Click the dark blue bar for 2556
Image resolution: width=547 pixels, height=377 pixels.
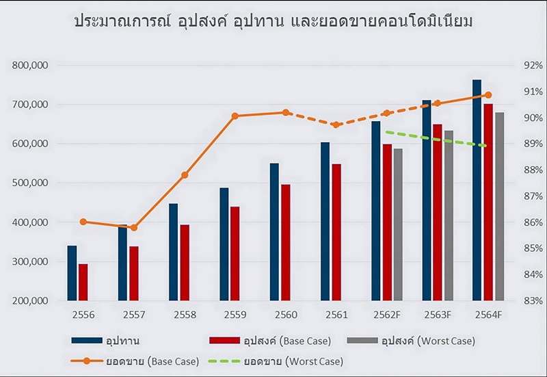(72, 273)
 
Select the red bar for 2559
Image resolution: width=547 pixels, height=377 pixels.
(235, 254)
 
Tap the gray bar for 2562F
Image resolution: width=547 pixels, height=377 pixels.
(398, 225)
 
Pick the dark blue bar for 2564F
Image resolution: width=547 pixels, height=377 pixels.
(477, 190)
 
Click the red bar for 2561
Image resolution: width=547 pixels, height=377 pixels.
(336, 233)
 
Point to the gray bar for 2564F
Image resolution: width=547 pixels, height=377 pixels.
(500, 207)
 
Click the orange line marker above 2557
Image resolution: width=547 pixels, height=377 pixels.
(134, 227)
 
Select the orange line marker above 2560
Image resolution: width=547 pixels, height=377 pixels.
(286, 113)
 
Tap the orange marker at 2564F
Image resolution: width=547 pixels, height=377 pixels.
(488, 95)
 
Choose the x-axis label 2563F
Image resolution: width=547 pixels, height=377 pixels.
(437, 315)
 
